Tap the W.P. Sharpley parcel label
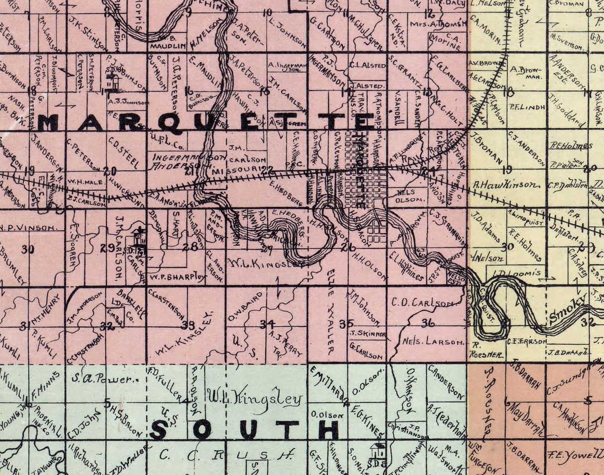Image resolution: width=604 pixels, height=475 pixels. pos(176,276)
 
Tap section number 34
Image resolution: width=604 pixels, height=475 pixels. pos(267,324)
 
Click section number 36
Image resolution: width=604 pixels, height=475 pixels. pos(428,323)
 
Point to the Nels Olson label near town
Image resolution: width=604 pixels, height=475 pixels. pos(411,195)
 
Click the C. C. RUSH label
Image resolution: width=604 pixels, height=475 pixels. pos(226,454)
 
